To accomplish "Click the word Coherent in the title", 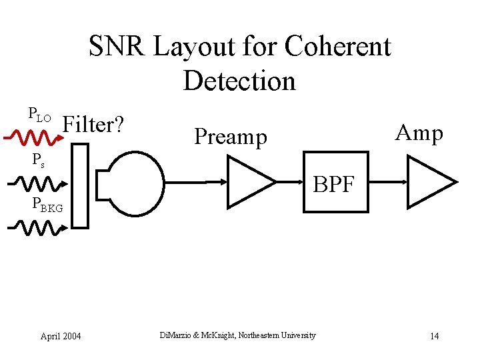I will pyautogui.click(x=337, y=47).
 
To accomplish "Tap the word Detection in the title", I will pyautogui.click(x=239, y=81).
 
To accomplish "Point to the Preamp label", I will pyautogui.click(x=230, y=137).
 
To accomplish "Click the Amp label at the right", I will pyautogui.click(x=419, y=133).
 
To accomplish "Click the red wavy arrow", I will pyautogui.click(x=29, y=137).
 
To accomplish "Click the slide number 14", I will pyautogui.click(x=434, y=335).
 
